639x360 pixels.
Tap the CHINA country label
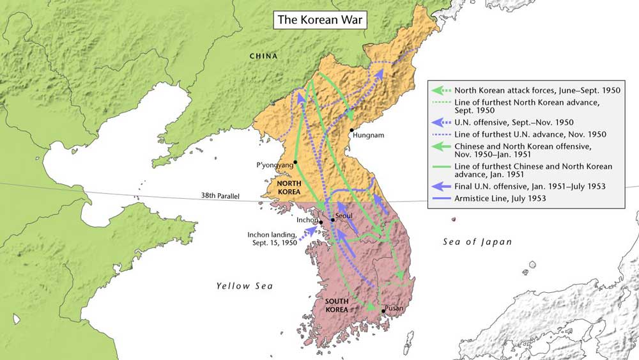(x=263, y=56)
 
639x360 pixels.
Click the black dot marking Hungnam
(x=351, y=130)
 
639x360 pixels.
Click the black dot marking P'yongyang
(x=296, y=162)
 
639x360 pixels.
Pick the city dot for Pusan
(x=383, y=311)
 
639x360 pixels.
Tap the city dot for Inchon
(x=321, y=223)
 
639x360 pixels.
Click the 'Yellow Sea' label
(x=244, y=286)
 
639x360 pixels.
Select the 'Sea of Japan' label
(x=477, y=242)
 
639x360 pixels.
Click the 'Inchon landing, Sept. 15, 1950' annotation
(x=272, y=239)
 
